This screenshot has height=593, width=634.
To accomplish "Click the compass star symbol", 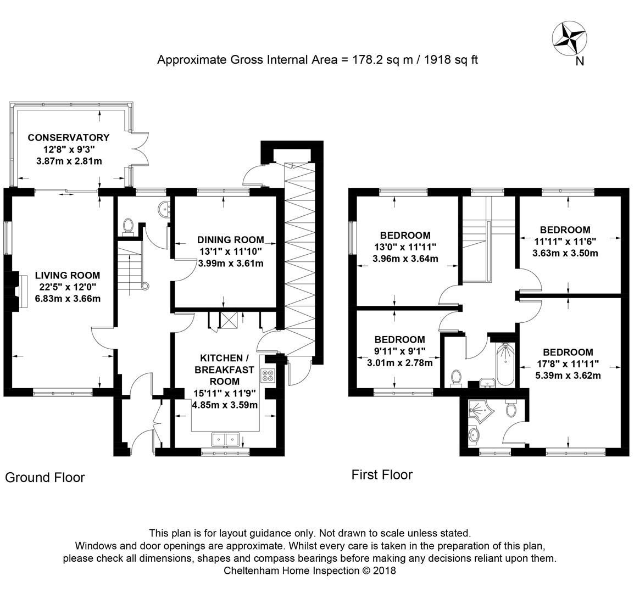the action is pyautogui.click(x=569, y=39).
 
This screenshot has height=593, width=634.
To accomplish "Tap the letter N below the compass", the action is pyautogui.click(x=580, y=61).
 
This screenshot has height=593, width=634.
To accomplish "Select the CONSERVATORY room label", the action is pyautogui.click(x=69, y=137).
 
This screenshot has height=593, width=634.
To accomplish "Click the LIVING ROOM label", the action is pyautogui.click(x=68, y=275).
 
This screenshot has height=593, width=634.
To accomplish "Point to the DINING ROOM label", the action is pyautogui.click(x=231, y=240).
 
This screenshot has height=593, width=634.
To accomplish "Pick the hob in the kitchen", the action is pyautogui.click(x=268, y=376).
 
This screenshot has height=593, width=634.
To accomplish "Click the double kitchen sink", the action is pyautogui.click(x=226, y=439).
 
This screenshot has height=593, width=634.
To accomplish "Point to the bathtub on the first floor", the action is pyautogui.click(x=505, y=365).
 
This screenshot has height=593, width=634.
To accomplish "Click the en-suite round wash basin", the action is pyautogui.click(x=474, y=435).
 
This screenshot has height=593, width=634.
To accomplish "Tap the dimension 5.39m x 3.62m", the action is pyautogui.click(x=568, y=376).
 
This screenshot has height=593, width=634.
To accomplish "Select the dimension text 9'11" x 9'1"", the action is pyautogui.click(x=400, y=351).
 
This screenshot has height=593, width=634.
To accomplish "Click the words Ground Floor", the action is pyautogui.click(x=45, y=477).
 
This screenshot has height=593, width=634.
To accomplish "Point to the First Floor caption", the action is pyautogui.click(x=382, y=474).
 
